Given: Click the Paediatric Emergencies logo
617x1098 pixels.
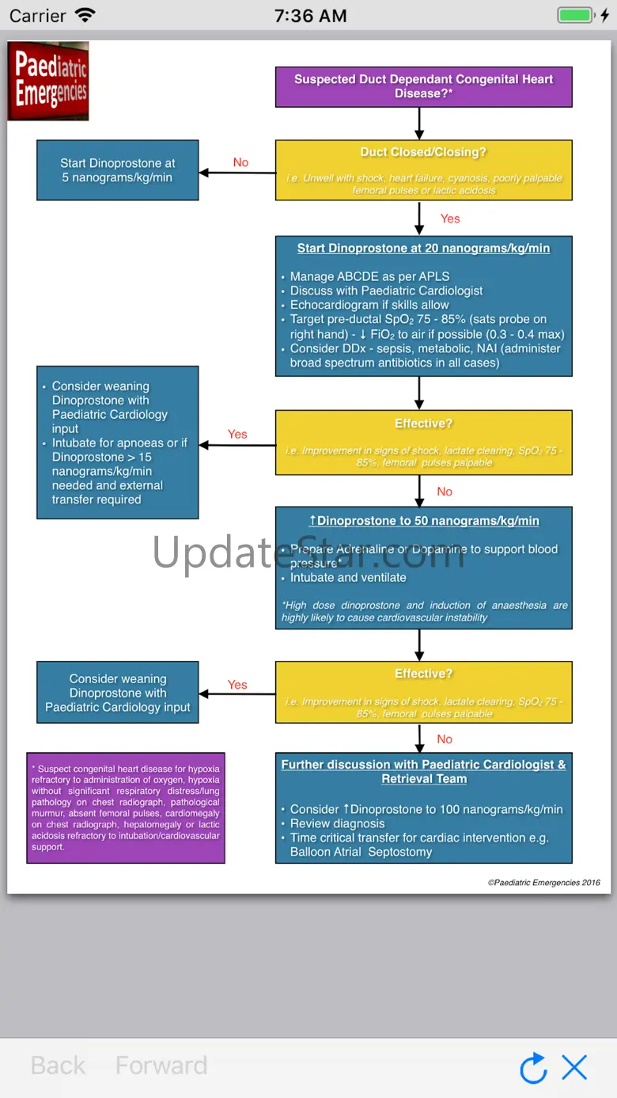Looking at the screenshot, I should pyautogui.click(x=48, y=82).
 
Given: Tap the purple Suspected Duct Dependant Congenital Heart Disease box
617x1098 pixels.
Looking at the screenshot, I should pyautogui.click(x=423, y=86).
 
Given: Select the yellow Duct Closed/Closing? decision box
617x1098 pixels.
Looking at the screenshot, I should pyautogui.click(x=423, y=170).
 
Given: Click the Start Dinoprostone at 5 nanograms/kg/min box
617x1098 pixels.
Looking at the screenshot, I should pyautogui.click(x=118, y=170).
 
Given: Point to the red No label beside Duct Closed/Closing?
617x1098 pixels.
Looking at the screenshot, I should pyautogui.click(x=240, y=162).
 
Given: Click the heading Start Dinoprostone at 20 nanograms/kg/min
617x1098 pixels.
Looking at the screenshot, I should pyautogui.click(x=423, y=249).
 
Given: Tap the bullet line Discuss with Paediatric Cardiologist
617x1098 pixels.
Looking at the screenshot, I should pyautogui.click(x=386, y=291).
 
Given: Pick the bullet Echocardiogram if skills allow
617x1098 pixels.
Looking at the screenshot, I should pyautogui.click(x=369, y=305).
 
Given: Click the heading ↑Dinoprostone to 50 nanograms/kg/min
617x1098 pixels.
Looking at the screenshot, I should pyautogui.click(x=423, y=521).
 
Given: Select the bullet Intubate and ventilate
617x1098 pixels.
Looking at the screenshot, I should pyautogui.click(x=348, y=578).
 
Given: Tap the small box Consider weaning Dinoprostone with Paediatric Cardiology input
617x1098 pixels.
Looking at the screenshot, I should pyautogui.click(x=118, y=693).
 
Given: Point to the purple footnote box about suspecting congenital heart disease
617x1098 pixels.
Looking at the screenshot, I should pyautogui.click(x=126, y=807).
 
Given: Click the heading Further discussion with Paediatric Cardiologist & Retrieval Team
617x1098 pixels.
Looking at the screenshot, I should pyautogui.click(x=423, y=772).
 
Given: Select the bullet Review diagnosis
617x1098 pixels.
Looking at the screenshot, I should pyautogui.click(x=337, y=823).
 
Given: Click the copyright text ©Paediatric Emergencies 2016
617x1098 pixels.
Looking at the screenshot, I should pyautogui.click(x=543, y=883).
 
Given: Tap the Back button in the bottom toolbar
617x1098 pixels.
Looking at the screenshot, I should pyautogui.click(x=58, y=1066).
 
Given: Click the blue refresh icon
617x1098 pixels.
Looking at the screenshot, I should pyautogui.click(x=533, y=1067).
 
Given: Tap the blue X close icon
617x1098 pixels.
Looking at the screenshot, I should pyautogui.click(x=574, y=1067).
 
